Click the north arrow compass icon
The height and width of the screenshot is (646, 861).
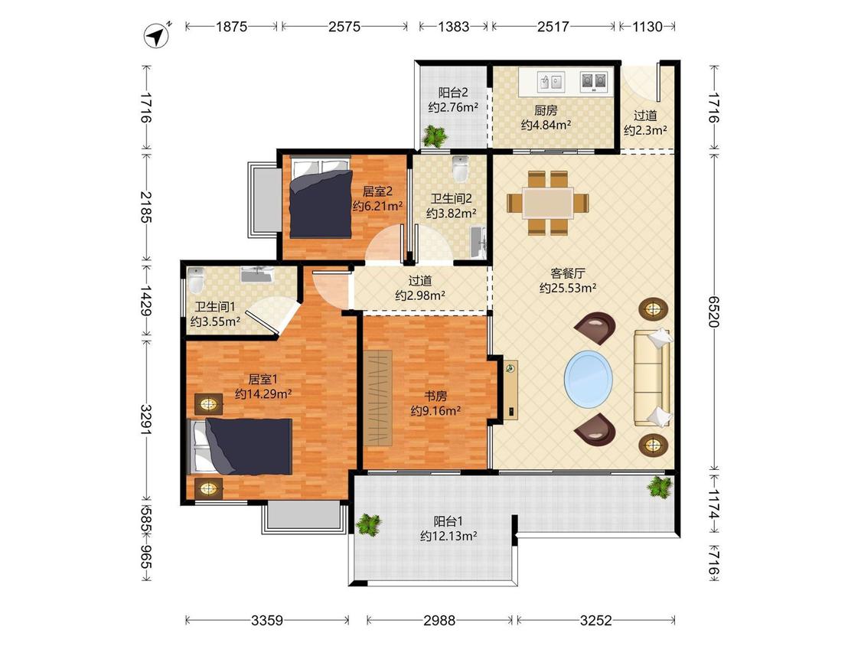pos(158,36)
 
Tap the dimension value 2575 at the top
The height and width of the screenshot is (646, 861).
pos(344,26)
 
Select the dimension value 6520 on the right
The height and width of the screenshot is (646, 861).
pos(713,312)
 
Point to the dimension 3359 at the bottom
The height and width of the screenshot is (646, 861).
pos(267,621)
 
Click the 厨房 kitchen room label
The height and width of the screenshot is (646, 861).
pos(546,110)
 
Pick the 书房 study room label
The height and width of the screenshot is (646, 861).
pos(435,396)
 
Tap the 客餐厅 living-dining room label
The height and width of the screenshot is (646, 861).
pos(568,273)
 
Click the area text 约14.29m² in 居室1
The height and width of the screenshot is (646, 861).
pos(263,394)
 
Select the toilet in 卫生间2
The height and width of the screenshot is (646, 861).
pos(460,168)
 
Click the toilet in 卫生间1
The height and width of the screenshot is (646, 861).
pos(196,280)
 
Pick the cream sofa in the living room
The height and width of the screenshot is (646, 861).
pos(653,377)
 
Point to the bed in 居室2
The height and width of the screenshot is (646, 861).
pos(321,197)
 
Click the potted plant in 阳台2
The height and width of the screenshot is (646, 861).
pos(435,135)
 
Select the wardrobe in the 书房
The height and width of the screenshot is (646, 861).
pos(378,396)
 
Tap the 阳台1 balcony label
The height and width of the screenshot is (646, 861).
pos(448,520)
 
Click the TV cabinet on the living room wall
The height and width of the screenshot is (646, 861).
pos(510,390)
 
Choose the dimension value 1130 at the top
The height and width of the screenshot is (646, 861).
pos(647,26)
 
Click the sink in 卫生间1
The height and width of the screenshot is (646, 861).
pos(257,274)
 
